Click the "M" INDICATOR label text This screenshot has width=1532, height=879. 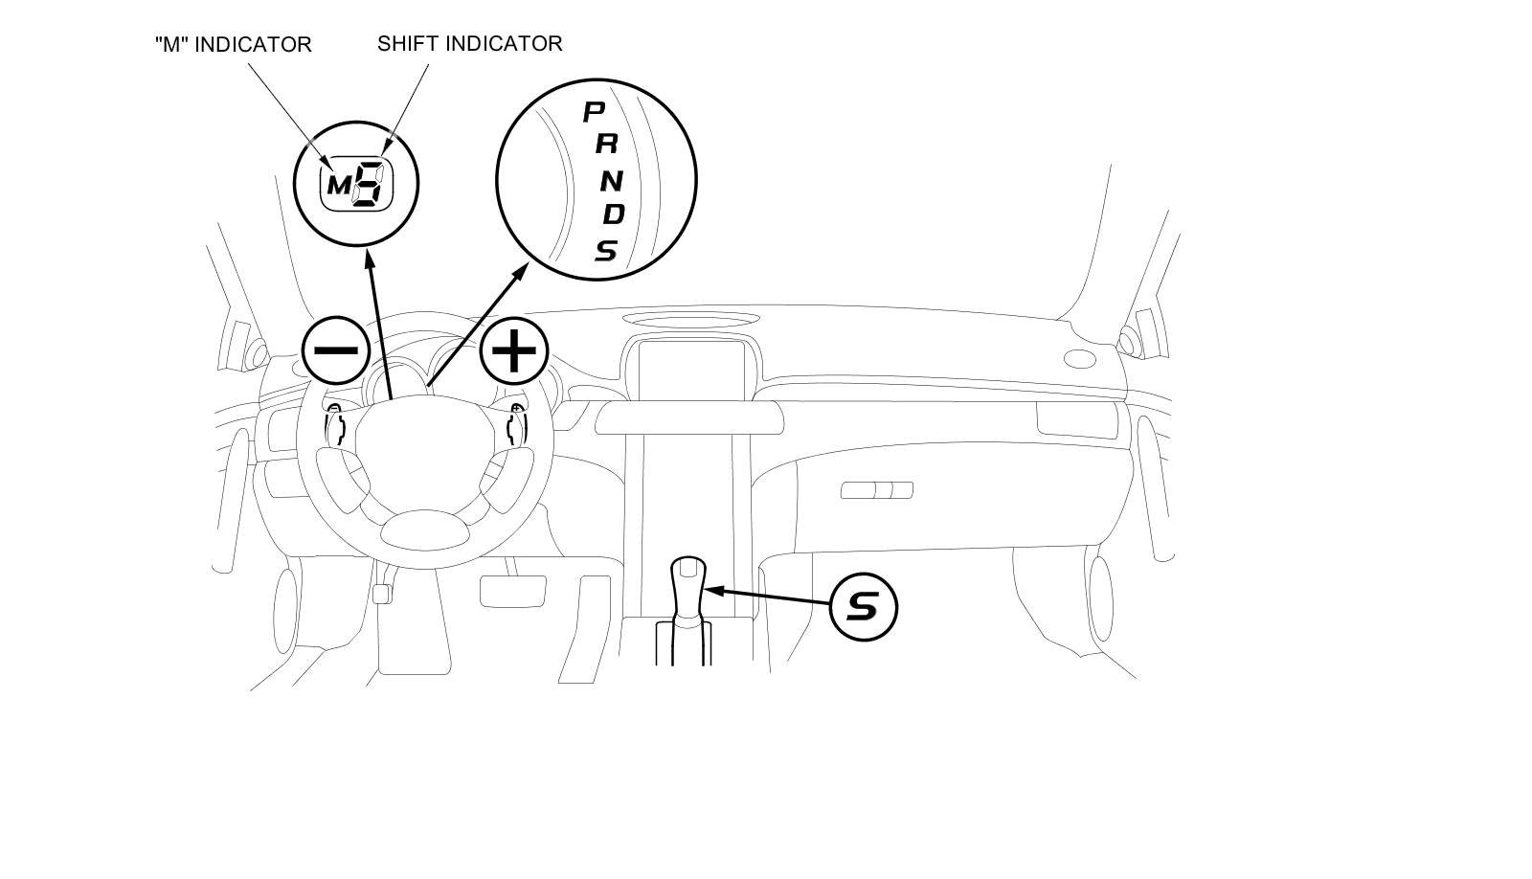pyautogui.click(x=233, y=44)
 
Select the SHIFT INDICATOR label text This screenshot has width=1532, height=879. pyautogui.click(x=469, y=43)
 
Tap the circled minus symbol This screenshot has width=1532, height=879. pyautogui.click(x=335, y=350)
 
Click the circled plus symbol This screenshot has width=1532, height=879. pyautogui.click(x=514, y=350)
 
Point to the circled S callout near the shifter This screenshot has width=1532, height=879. pyautogui.click(x=863, y=606)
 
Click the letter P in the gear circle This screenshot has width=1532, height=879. pyautogui.click(x=595, y=112)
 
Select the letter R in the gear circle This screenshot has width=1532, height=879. pyautogui.click(x=606, y=145)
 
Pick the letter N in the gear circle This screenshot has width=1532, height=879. pyautogui.click(x=612, y=179)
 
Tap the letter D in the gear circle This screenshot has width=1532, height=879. pyautogui.click(x=613, y=214)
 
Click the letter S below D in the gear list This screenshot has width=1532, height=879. pyautogui.click(x=606, y=250)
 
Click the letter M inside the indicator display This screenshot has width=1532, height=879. pyautogui.click(x=339, y=185)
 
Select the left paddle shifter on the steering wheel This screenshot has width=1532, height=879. pyautogui.click(x=335, y=424)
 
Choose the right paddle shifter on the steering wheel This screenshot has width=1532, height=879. pyautogui.click(x=516, y=424)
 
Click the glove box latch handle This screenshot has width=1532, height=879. pyautogui.click(x=876, y=490)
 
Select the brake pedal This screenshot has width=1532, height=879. pyautogui.click(x=512, y=590)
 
